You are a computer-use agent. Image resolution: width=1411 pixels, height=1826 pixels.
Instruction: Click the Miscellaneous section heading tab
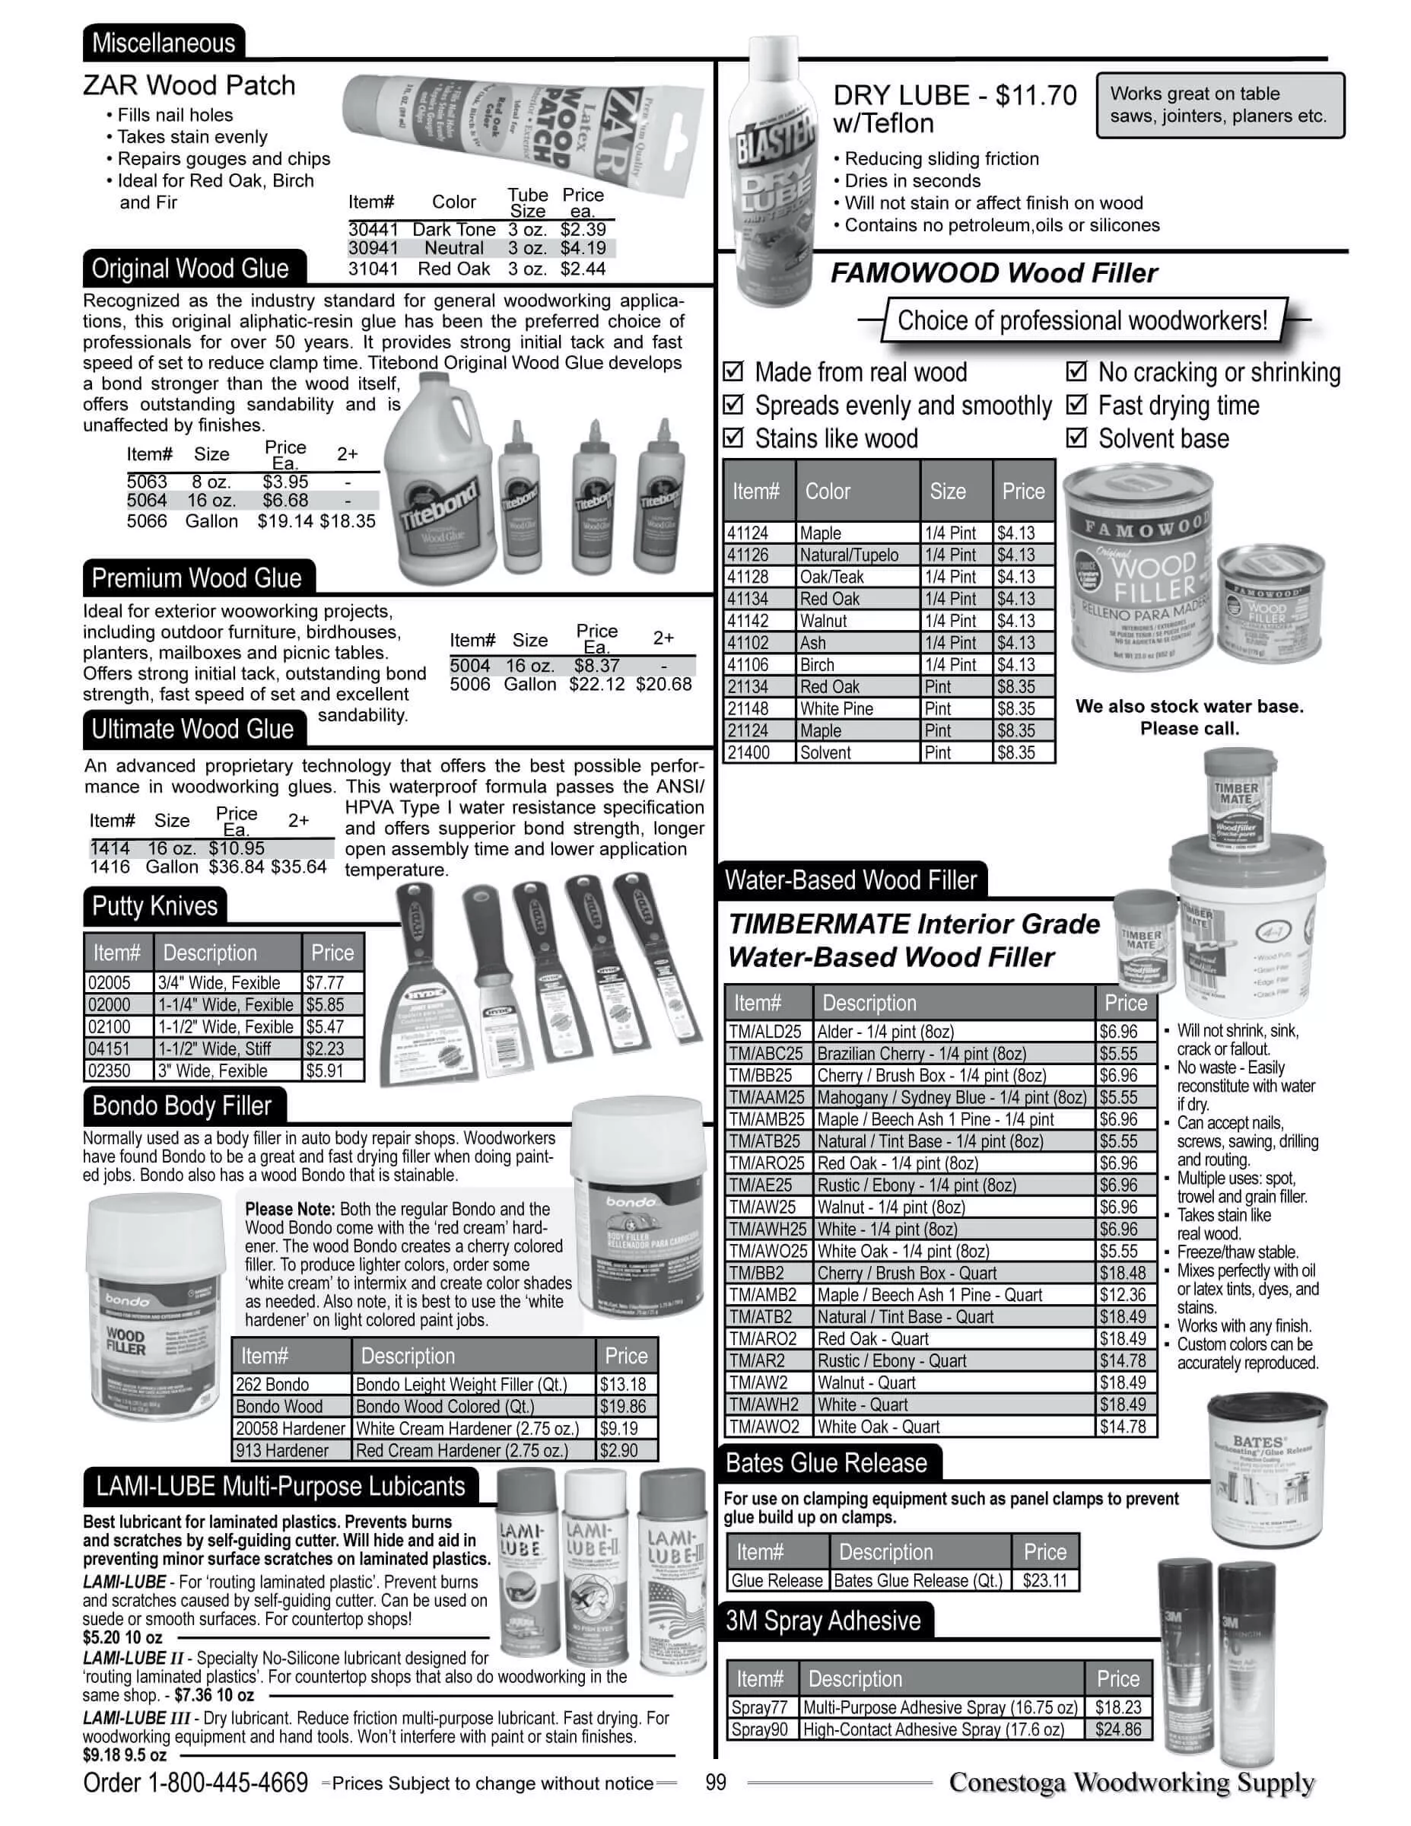pyautogui.click(x=163, y=43)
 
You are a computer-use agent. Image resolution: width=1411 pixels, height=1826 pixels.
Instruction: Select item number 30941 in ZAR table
pyautogui.click(x=373, y=248)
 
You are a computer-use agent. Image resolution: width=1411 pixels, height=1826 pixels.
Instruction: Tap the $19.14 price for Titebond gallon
pyautogui.click(x=285, y=522)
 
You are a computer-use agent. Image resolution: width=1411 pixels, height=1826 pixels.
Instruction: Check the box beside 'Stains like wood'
pyautogui.click(x=733, y=438)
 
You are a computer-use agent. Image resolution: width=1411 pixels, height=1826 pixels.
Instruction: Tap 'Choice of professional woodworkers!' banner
pyautogui.click(x=1082, y=320)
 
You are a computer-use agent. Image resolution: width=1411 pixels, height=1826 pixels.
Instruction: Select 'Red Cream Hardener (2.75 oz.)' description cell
pyautogui.click(x=472, y=1451)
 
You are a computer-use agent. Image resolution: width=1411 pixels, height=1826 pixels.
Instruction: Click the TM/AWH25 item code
pyautogui.click(x=767, y=1229)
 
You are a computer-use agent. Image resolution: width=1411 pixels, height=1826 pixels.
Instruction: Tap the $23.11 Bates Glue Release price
pyautogui.click(x=1045, y=1581)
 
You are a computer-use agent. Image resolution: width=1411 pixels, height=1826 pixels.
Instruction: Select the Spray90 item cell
pyautogui.click(x=760, y=1730)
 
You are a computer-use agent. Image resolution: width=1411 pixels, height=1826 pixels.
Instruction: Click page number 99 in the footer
pyautogui.click(x=716, y=1783)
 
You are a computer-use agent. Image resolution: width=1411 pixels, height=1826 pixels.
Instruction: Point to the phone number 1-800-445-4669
pyautogui.click(x=227, y=1783)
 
